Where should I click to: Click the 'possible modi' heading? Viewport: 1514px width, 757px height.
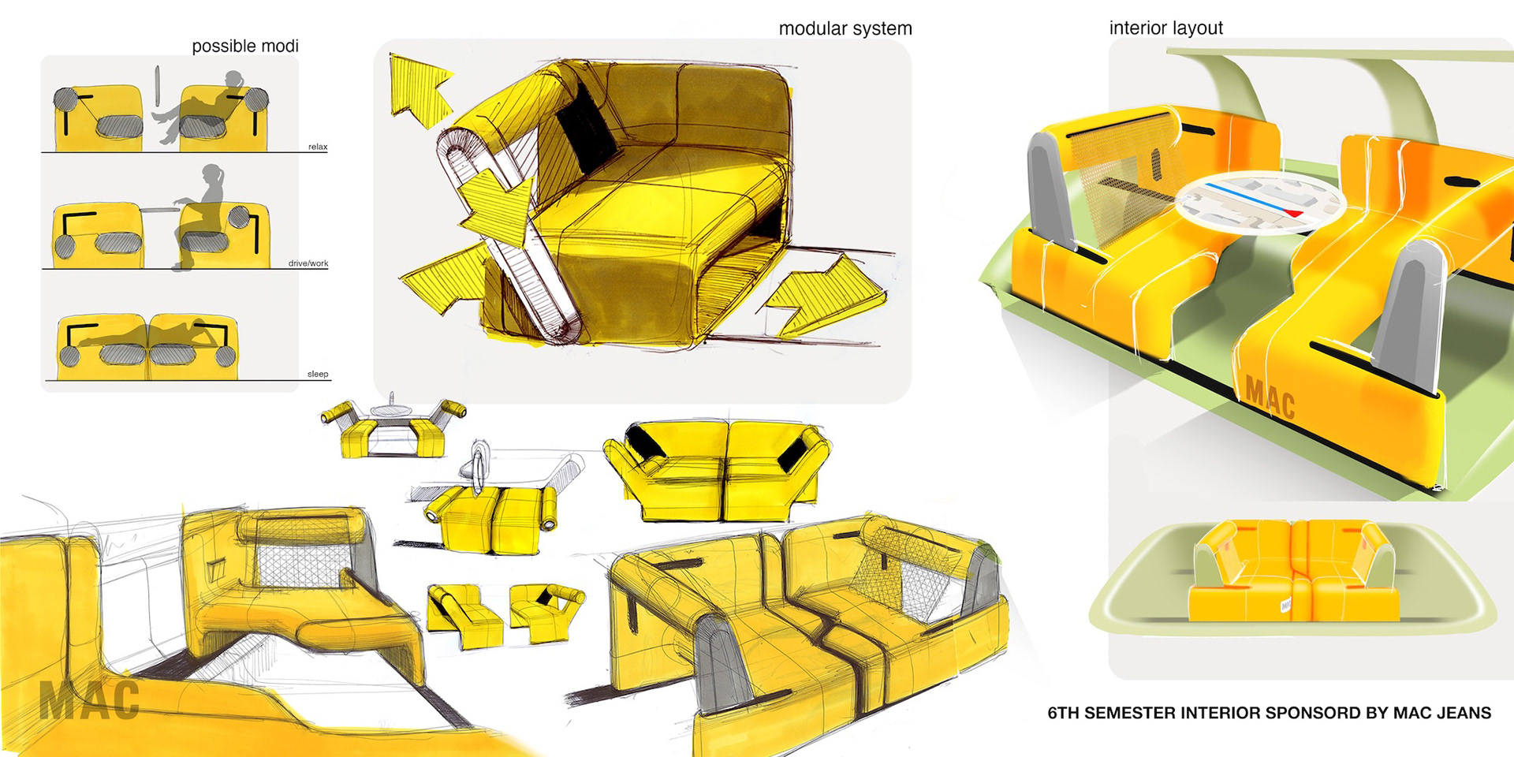pyautogui.click(x=245, y=47)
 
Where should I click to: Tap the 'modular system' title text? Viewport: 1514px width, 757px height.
pyautogui.click(x=845, y=29)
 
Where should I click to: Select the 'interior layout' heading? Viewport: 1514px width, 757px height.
pyautogui.click(x=1165, y=28)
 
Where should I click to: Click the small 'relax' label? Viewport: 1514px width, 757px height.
pyautogui.click(x=318, y=147)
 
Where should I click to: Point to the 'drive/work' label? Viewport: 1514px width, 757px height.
pyautogui.click(x=308, y=263)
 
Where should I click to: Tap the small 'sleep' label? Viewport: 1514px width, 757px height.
pyautogui.click(x=318, y=374)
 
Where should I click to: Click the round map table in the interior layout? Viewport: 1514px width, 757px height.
pyautogui.click(x=1259, y=203)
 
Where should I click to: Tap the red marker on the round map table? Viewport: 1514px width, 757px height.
pyautogui.click(x=1294, y=213)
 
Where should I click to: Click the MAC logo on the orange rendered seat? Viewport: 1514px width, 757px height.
pyautogui.click(x=1270, y=399)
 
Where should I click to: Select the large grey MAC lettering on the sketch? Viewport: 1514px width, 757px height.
pyautogui.click(x=89, y=700)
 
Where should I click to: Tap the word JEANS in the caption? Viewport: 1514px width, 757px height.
pyautogui.click(x=1463, y=714)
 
